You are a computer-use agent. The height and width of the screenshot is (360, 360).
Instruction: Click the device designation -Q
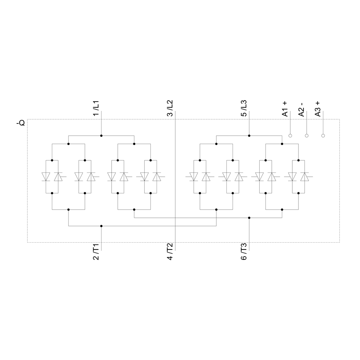(21, 123)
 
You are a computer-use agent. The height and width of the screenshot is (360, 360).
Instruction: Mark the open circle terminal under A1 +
(290, 136)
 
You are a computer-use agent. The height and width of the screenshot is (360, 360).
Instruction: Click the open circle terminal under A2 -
(307, 136)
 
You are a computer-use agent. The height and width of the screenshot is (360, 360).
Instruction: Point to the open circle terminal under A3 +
(323, 136)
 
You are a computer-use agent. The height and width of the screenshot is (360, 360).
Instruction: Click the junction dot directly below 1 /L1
(101, 136)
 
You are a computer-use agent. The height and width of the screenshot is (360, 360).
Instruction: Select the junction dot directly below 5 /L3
(249, 136)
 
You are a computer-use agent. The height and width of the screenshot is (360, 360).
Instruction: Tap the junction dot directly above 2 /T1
(101, 226)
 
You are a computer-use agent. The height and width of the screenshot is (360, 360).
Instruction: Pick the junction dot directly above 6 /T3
(249, 218)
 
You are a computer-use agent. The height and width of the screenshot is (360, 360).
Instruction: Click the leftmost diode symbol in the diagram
(46, 177)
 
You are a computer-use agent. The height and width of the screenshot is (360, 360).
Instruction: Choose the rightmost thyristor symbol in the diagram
(305, 177)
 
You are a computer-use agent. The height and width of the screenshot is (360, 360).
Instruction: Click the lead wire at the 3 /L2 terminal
(175, 115)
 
